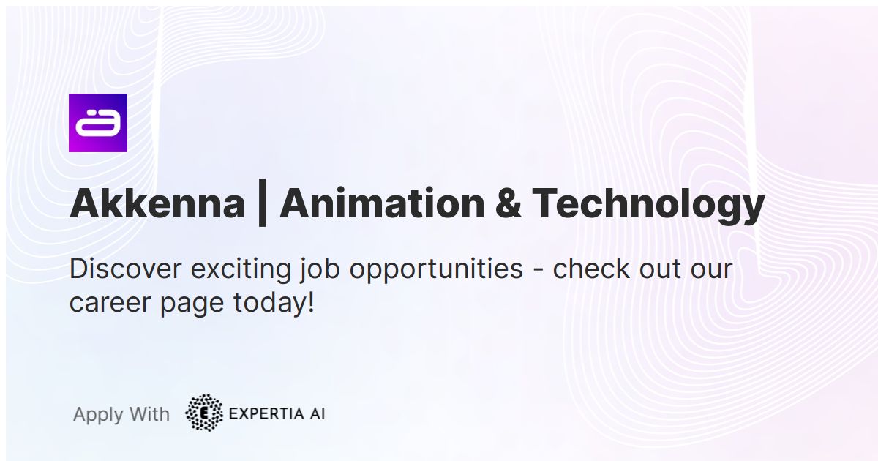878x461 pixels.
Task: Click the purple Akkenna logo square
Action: coord(98,123)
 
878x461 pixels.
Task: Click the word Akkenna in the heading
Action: coord(157,203)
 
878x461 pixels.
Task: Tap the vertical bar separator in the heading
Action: coord(262,203)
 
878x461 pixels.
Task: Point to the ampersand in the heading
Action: coord(508,203)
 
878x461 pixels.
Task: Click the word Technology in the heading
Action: coord(648,205)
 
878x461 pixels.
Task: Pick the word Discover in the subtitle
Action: coord(126,269)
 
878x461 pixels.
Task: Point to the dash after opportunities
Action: coord(538,270)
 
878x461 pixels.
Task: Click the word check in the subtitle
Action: coord(589,269)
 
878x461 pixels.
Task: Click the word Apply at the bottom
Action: coord(97,415)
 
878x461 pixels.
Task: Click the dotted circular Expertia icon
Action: coord(204,413)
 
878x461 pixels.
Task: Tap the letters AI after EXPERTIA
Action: coord(316,414)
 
